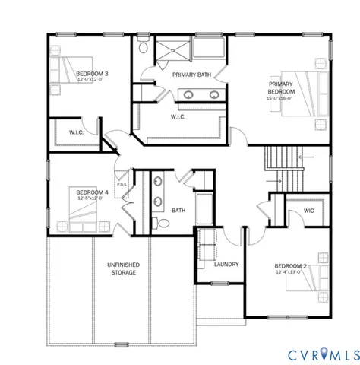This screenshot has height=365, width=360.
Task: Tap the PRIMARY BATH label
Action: coord(191,75)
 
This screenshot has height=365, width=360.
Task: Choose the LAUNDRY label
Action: coord(226,264)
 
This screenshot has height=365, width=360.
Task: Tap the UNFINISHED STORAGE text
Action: coord(123,267)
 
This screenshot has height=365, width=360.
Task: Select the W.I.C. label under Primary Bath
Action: coord(178,117)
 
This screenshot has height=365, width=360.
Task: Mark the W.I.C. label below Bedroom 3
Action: coord(77,132)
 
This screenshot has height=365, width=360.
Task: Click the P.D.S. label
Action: coord(122,183)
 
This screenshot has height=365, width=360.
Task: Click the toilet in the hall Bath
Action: coord(159,223)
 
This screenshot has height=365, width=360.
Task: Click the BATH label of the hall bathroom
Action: coord(178,211)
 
